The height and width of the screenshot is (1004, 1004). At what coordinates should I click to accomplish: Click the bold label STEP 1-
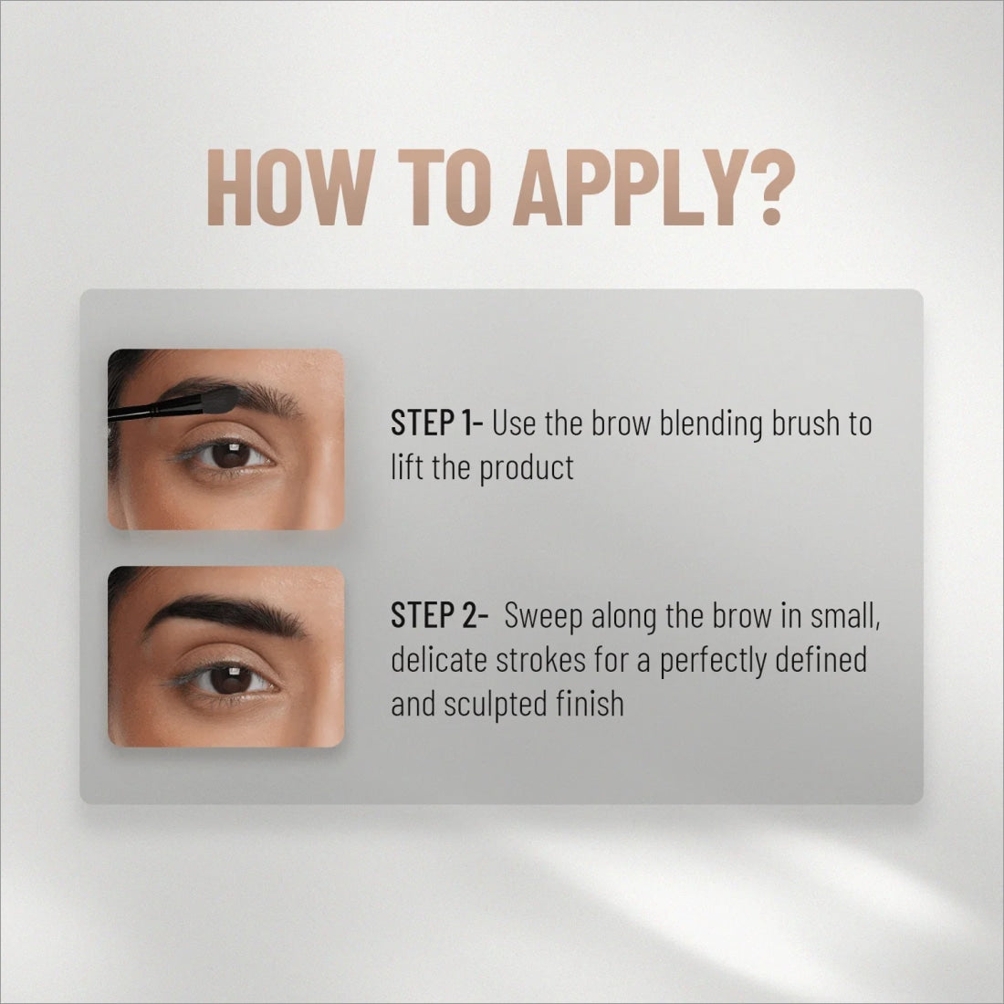click(436, 423)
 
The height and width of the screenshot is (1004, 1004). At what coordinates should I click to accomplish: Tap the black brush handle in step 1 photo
click(154, 409)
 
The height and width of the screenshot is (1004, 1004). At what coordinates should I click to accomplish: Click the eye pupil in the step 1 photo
click(231, 455)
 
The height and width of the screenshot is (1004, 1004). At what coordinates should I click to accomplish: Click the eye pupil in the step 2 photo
click(231, 680)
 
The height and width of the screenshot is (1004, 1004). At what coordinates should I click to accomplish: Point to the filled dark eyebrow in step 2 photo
click(225, 613)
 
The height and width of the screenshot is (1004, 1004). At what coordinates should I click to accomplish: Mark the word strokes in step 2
click(541, 660)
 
